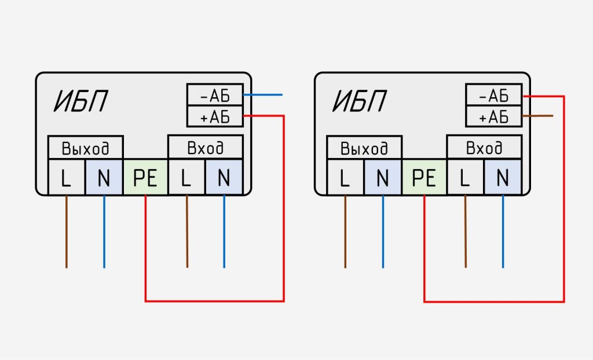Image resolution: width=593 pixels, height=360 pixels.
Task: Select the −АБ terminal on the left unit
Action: (x=215, y=94)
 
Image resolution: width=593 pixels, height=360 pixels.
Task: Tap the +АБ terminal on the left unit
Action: (x=215, y=117)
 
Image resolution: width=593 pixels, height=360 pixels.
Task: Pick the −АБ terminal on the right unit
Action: (x=493, y=94)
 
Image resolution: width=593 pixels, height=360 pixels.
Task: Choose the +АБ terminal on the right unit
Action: (x=493, y=117)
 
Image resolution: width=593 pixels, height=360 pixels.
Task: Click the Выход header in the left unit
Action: (x=85, y=148)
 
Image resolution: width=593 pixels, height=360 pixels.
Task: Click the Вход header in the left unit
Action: (x=205, y=148)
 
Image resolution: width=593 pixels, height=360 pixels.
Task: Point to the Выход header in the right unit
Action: (x=364, y=148)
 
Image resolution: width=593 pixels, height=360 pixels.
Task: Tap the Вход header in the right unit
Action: (x=484, y=148)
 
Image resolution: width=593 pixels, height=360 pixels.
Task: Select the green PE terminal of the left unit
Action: (x=145, y=178)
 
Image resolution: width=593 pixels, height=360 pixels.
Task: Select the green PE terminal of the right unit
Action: (x=424, y=178)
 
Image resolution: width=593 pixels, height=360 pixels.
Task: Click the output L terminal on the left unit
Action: (x=66, y=178)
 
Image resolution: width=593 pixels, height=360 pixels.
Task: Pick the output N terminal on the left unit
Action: (x=104, y=178)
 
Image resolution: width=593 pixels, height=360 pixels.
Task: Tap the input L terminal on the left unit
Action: (x=186, y=178)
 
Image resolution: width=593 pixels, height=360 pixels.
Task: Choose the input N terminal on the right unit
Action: (x=503, y=178)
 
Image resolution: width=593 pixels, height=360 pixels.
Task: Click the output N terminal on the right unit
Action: (x=383, y=178)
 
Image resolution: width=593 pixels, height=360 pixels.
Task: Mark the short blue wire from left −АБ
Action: (x=263, y=94)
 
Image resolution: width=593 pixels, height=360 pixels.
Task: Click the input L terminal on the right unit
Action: (x=465, y=178)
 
